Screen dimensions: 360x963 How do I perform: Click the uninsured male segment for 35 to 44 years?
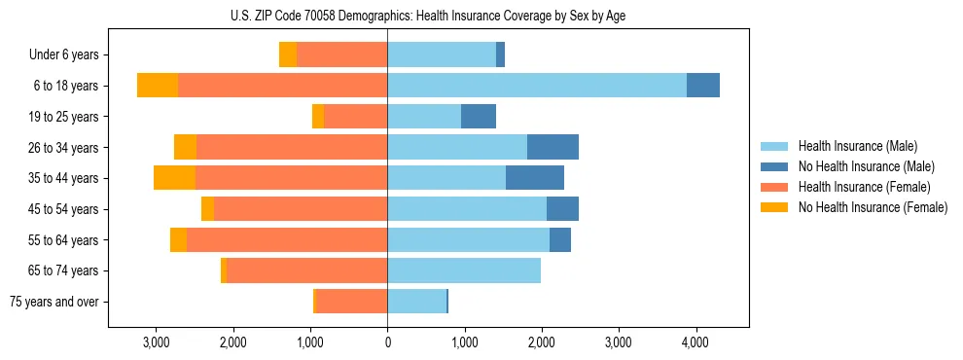tap(535, 178)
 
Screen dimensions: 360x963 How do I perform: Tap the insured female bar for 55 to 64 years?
tap(287, 240)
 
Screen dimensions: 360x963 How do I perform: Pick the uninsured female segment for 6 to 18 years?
tap(158, 86)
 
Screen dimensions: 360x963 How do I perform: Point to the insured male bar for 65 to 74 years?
tap(464, 270)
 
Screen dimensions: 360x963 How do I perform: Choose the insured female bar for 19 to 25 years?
tap(356, 117)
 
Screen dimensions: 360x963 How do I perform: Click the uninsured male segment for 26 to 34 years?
tap(553, 148)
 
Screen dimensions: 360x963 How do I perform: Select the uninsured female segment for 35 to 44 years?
tap(174, 178)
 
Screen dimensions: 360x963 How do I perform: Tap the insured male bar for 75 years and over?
tap(416, 302)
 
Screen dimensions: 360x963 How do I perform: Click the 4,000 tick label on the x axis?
tap(695, 342)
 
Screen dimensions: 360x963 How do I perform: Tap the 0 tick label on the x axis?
tap(387, 342)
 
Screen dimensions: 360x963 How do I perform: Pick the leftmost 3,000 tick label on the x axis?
tap(157, 342)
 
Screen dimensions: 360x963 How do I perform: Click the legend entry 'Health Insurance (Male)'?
tap(857, 146)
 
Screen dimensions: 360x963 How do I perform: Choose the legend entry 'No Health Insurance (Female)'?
tap(873, 207)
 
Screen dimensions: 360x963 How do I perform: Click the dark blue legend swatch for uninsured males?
tap(774, 166)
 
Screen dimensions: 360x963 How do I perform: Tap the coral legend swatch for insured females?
tap(774, 187)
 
